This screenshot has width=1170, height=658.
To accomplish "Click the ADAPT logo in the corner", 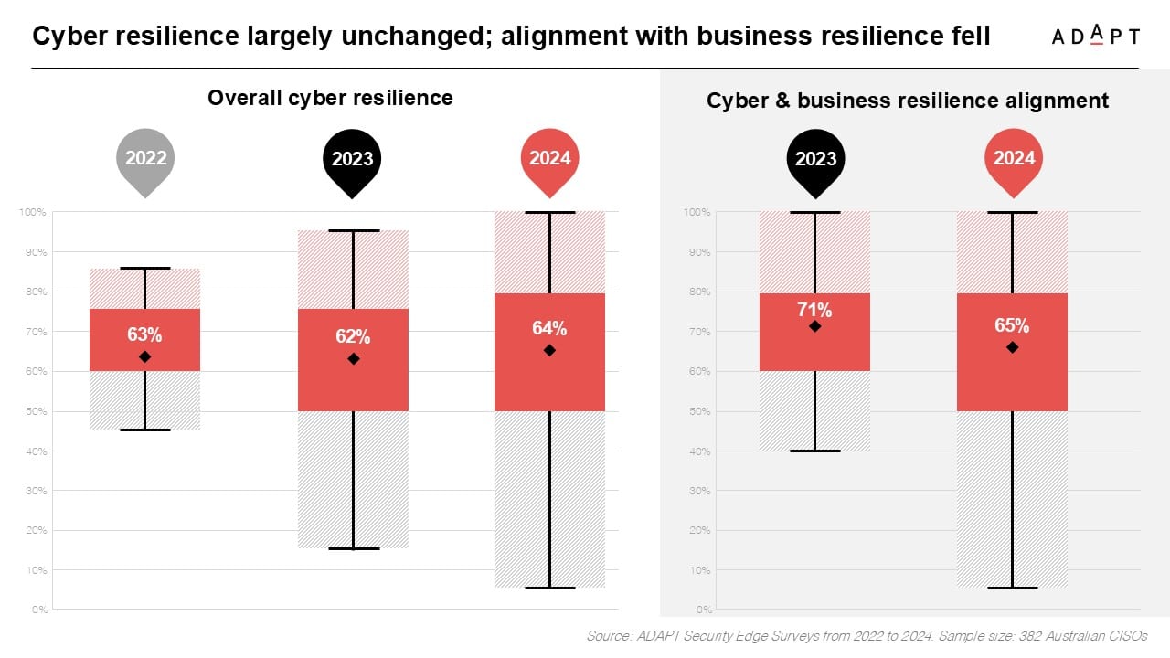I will point(1095,36).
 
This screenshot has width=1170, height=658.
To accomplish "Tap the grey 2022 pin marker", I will point(146,160).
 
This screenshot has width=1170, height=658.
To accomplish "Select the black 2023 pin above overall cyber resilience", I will point(352,160).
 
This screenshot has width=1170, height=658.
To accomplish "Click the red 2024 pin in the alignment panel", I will point(1014,160).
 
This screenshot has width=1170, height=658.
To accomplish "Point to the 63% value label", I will point(144,334).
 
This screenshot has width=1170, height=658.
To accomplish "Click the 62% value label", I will point(353,337).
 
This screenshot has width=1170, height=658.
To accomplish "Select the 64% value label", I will point(549,329).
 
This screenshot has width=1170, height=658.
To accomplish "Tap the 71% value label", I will point(815,309).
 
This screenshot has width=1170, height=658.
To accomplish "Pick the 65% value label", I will point(1012,325).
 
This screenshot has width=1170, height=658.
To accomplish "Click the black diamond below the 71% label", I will point(815,326).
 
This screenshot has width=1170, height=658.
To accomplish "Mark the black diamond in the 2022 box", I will point(144,356).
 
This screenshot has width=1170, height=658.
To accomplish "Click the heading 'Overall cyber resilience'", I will point(330,98).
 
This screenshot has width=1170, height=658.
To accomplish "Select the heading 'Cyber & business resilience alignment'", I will point(908,101).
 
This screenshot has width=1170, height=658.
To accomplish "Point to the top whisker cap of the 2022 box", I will point(144,269).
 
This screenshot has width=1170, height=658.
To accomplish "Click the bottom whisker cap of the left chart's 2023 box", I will point(353,548).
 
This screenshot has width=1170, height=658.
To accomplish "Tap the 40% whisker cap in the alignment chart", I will point(815,451).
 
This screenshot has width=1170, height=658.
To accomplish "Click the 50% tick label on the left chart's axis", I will point(37,411).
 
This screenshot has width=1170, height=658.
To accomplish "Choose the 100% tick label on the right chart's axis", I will point(697,212).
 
